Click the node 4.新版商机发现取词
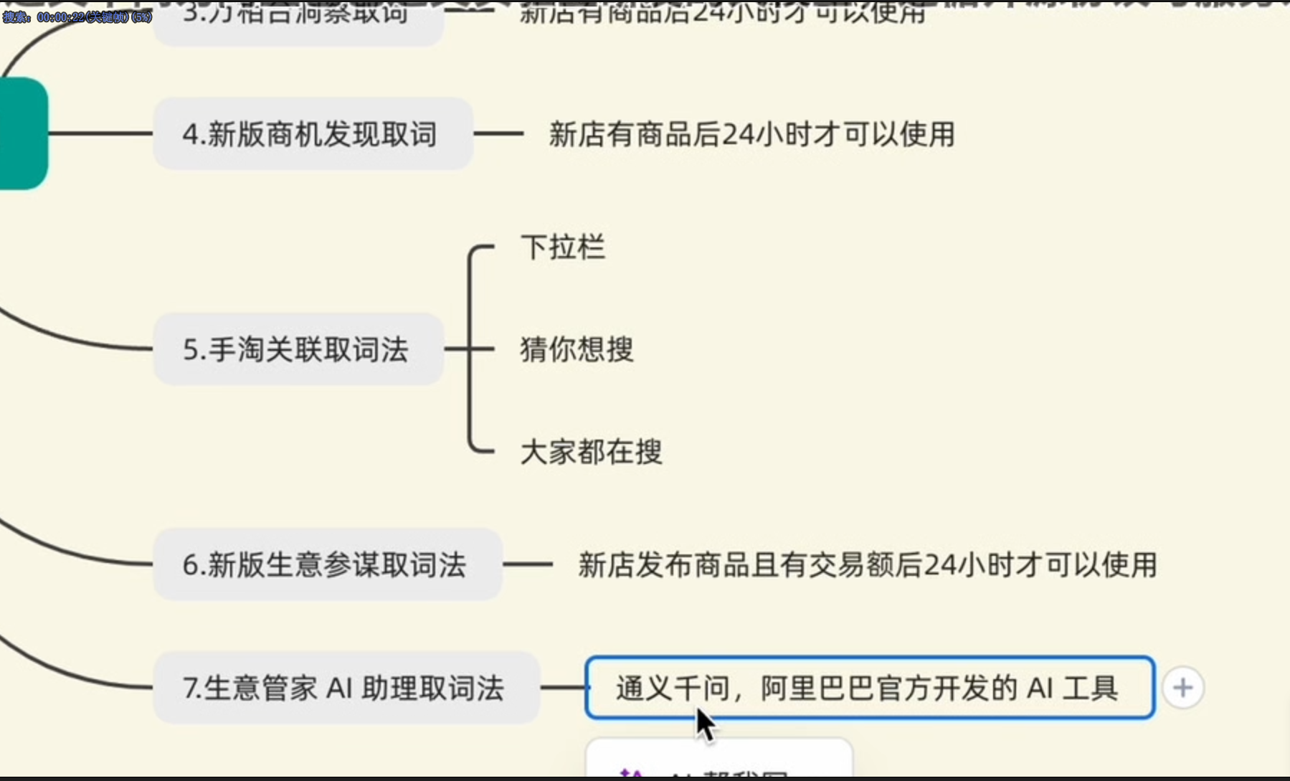(313, 134)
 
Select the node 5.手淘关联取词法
(298, 349)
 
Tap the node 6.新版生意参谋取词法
(327, 564)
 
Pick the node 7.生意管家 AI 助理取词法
(346, 688)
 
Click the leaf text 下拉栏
(563, 247)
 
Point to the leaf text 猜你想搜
(577, 349)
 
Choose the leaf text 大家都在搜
(592, 452)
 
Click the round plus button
(1182, 688)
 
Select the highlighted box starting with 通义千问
(869, 688)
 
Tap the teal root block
(23, 133)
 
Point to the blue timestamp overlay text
(77, 16)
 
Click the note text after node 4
(751, 134)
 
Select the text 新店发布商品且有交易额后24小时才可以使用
(868, 564)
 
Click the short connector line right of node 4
(498, 133)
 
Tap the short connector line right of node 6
(528, 564)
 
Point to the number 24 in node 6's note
(939, 564)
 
